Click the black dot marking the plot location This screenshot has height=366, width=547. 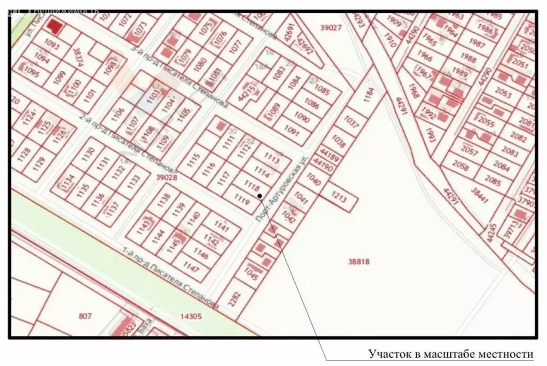[260, 196]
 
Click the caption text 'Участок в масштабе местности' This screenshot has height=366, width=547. [451, 354]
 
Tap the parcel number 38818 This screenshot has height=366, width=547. [358, 262]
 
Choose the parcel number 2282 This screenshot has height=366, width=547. [234, 298]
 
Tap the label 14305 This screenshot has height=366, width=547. [191, 316]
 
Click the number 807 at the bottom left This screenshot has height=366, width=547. [85, 316]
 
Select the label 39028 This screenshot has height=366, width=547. [151, 177]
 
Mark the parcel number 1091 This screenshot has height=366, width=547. [292, 130]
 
